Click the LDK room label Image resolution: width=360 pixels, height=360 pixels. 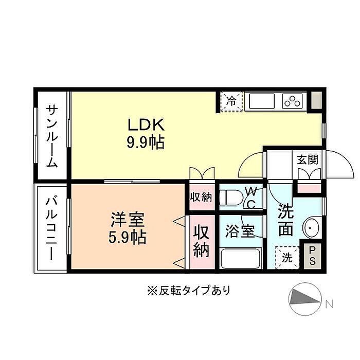point(146,124)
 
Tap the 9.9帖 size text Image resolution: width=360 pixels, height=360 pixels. point(146,143)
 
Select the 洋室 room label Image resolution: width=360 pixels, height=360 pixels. point(128,220)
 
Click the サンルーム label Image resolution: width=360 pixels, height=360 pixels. point(52,136)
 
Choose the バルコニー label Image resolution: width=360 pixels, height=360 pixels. point(51,228)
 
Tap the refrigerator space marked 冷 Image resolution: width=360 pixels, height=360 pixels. point(231,101)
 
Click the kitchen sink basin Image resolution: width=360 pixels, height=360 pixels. point(262,101)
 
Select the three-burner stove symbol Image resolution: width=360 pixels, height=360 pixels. point(292,101)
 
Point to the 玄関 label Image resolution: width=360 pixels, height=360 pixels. point(308,160)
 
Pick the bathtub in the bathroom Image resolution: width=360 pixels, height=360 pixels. point(241,258)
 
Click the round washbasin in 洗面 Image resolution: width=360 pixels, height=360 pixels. point(311,228)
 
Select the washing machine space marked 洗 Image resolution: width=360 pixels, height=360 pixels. point(287,258)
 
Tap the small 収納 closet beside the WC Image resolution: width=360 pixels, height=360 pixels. point(201,197)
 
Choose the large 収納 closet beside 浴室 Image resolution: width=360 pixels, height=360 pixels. point(202,242)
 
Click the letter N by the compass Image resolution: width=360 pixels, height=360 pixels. point(330,304)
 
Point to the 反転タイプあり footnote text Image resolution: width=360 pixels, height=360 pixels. point(189,291)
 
